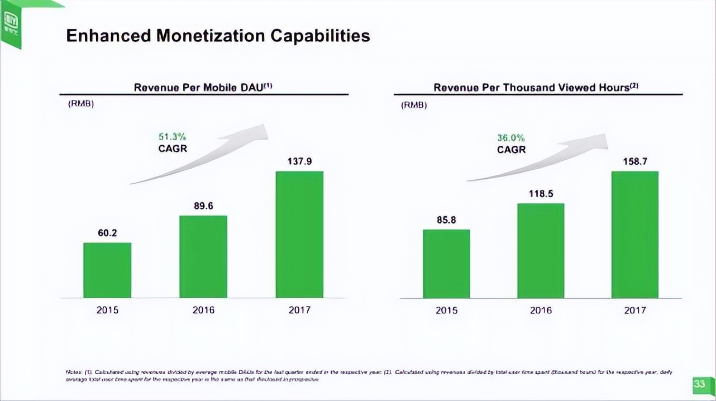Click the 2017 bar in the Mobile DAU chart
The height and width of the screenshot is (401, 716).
[299, 235]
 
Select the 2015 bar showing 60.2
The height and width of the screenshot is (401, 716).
[107, 270]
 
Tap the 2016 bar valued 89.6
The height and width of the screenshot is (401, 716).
[203, 257]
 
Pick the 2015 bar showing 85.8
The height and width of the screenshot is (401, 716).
[446, 264]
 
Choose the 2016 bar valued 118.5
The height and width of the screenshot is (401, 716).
[541, 251]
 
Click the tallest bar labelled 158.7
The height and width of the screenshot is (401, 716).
[635, 235]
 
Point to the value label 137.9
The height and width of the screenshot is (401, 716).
[299, 161]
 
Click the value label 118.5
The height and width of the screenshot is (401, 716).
[541, 194]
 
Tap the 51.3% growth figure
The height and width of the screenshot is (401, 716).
[173, 137]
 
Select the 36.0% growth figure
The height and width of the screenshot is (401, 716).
[511, 138]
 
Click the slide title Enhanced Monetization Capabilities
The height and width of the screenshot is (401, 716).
[218, 36]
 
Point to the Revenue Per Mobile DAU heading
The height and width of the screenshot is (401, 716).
[203, 87]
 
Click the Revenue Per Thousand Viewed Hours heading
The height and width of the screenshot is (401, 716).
[536, 87]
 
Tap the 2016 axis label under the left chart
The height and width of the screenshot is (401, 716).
[203, 310]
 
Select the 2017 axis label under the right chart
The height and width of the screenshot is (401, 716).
[635, 310]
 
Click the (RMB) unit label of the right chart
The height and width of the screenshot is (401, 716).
[414, 105]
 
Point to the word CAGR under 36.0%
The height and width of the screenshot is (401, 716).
[511, 150]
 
